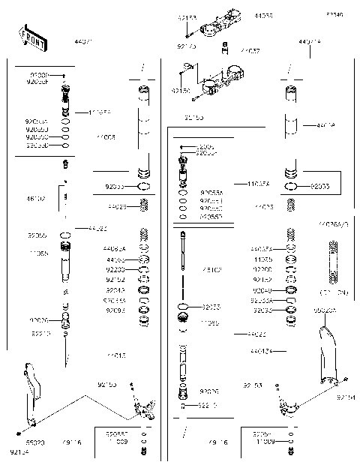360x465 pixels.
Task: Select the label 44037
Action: click(x=250, y=51)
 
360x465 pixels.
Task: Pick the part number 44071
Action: click(x=84, y=43)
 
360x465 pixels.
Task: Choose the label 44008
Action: click(x=106, y=137)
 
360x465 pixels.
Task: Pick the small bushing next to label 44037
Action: click(x=225, y=51)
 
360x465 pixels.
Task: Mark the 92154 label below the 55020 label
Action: click(x=19, y=452)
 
